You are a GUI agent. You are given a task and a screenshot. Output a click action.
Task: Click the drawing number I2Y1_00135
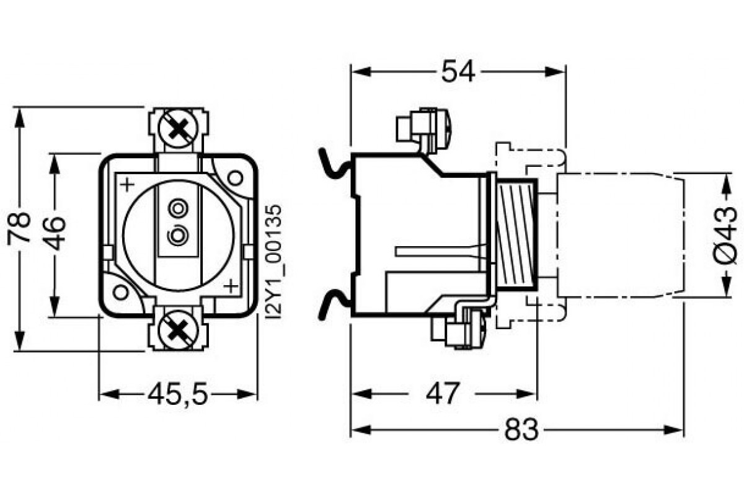[273, 263]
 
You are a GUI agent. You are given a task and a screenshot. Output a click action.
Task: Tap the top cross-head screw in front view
[179, 130]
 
